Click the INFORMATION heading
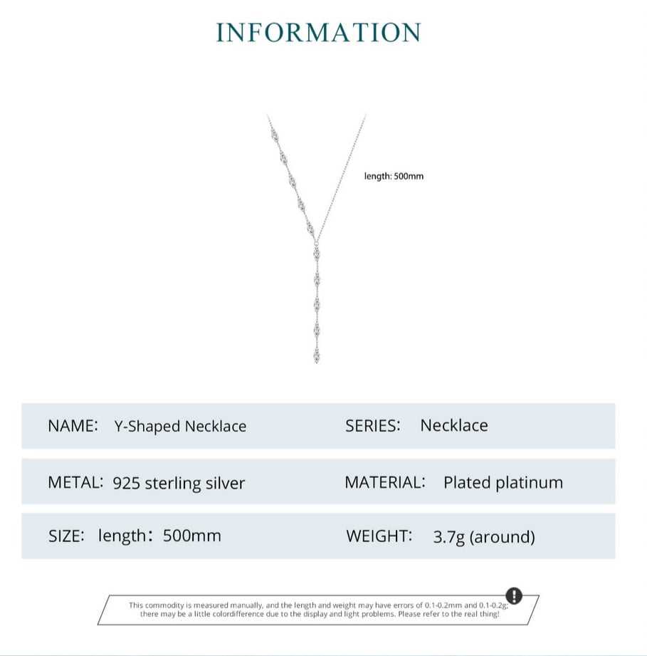click(x=318, y=32)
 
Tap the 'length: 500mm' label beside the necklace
click(x=394, y=176)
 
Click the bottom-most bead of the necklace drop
click(x=317, y=356)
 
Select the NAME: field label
click(x=73, y=426)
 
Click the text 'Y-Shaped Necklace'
click(x=180, y=427)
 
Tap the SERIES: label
click(x=372, y=426)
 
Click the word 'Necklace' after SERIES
click(x=454, y=425)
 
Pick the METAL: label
click(x=75, y=482)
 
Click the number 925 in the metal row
click(x=126, y=483)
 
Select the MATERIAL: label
click(x=385, y=482)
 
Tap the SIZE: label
click(x=66, y=536)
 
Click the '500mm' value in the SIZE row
click(x=192, y=536)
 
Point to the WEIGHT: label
click(x=379, y=536)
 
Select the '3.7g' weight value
click(x=448, y=537)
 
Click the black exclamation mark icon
click(x=514, y=595)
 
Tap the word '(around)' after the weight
click(x=503, y=537)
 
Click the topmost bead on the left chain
click(x=274, y=135)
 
